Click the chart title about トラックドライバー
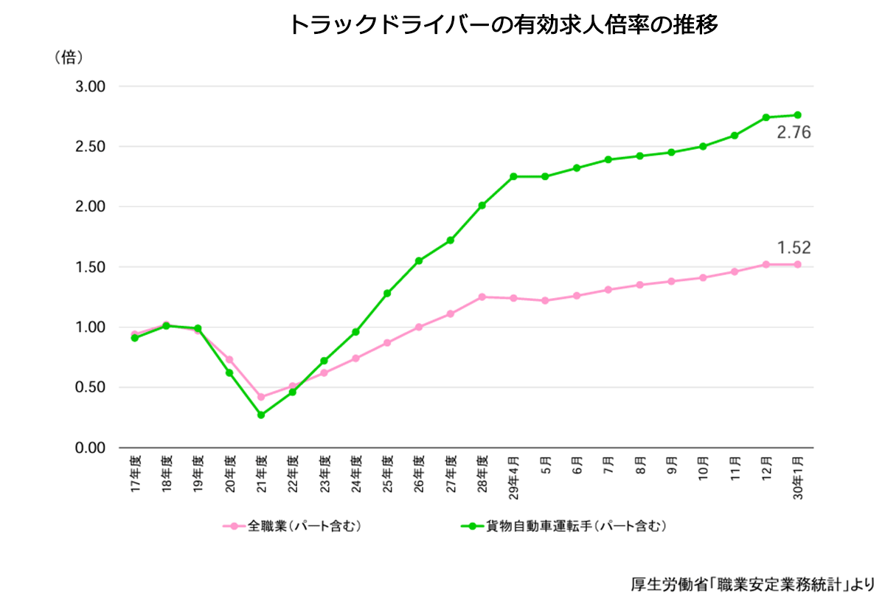pos(503,26)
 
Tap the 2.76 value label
pos(794,134)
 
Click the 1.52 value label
pos(794,248)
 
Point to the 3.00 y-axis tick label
pos(91,86)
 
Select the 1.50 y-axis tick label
pos(91,267)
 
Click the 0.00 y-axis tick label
pos(91,448)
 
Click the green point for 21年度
pos(261,415)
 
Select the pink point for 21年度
pos(261,397)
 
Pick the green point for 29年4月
pos(513,176)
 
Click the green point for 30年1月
pos(797,115)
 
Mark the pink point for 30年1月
pos(797,264)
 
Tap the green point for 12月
pos(766,117)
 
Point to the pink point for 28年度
pos(482,297)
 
